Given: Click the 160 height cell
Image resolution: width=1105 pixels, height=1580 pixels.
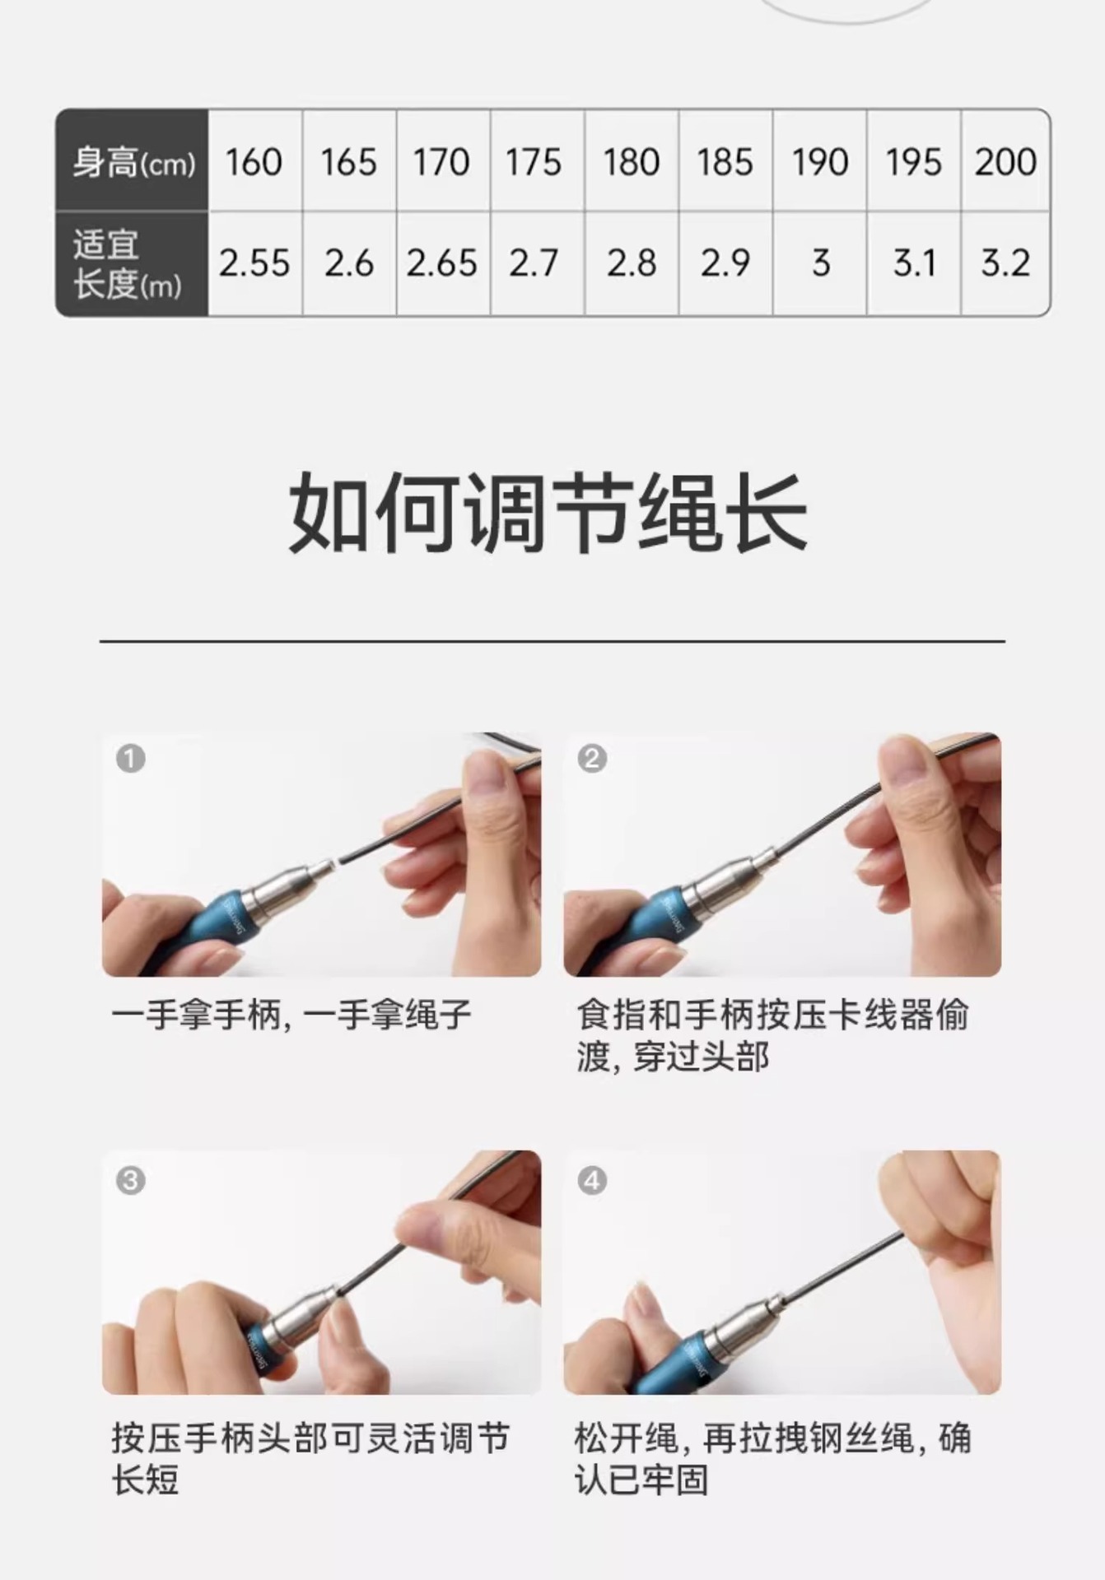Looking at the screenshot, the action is pos(255,160).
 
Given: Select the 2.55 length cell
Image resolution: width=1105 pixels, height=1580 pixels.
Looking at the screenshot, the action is pos(255,263).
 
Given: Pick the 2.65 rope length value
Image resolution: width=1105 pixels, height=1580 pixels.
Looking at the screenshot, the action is pos(443,263).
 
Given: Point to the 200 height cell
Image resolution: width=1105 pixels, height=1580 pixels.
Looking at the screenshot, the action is pos(1005,160).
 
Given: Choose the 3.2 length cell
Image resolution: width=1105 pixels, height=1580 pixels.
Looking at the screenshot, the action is pos(1005,263).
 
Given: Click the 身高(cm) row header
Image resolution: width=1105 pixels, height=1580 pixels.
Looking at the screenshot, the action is pos(132,160).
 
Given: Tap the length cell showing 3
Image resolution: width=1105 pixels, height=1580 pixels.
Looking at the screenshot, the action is pos(819,263).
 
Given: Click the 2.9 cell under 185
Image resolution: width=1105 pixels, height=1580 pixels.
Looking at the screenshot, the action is pos(725,263).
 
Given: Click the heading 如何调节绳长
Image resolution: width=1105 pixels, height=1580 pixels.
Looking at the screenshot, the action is pos(548,513).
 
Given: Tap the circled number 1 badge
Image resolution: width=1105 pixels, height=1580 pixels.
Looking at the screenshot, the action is pos(130,758).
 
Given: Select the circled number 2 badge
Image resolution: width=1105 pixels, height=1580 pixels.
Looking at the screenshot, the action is pos(592,758).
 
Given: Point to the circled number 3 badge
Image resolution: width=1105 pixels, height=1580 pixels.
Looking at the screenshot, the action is pos(130,1181).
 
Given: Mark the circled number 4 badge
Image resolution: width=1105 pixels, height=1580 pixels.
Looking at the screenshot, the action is pos(592,1181).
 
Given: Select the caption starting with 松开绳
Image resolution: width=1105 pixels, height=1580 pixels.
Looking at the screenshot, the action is pos(772,1459).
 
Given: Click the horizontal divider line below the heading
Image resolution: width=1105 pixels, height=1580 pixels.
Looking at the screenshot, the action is pos(552,640).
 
